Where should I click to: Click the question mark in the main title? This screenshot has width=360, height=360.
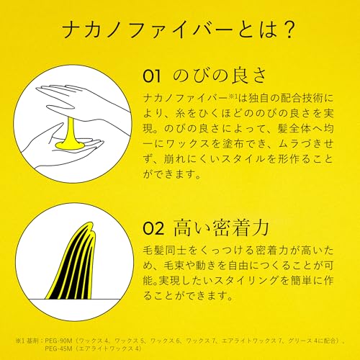[x=287, y=30]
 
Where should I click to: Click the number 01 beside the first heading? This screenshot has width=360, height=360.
[x=152, y=76]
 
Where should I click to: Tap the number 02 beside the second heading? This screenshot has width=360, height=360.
[x=153, y=228]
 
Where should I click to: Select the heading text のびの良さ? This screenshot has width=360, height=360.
[x=220, y=76]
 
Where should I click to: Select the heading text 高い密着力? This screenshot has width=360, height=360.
[x=221, y=228]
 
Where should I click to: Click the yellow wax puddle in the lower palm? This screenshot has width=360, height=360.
[x=70, y=145]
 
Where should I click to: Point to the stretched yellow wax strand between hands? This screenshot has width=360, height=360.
[x=71, y=130]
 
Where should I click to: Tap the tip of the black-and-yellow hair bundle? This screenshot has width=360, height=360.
[x=91, y=223]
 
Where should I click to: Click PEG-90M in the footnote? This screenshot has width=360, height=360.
[x=58, y=341]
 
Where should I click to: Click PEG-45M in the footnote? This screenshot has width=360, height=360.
[x=58, y=348]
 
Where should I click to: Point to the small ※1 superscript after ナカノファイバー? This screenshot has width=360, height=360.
[x=233, y=96]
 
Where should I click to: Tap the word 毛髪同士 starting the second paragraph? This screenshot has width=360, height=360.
[x=164, y=251]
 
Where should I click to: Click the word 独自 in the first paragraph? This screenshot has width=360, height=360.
[x=258, y=99]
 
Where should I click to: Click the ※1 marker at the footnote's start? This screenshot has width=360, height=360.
[x=20, y=341]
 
